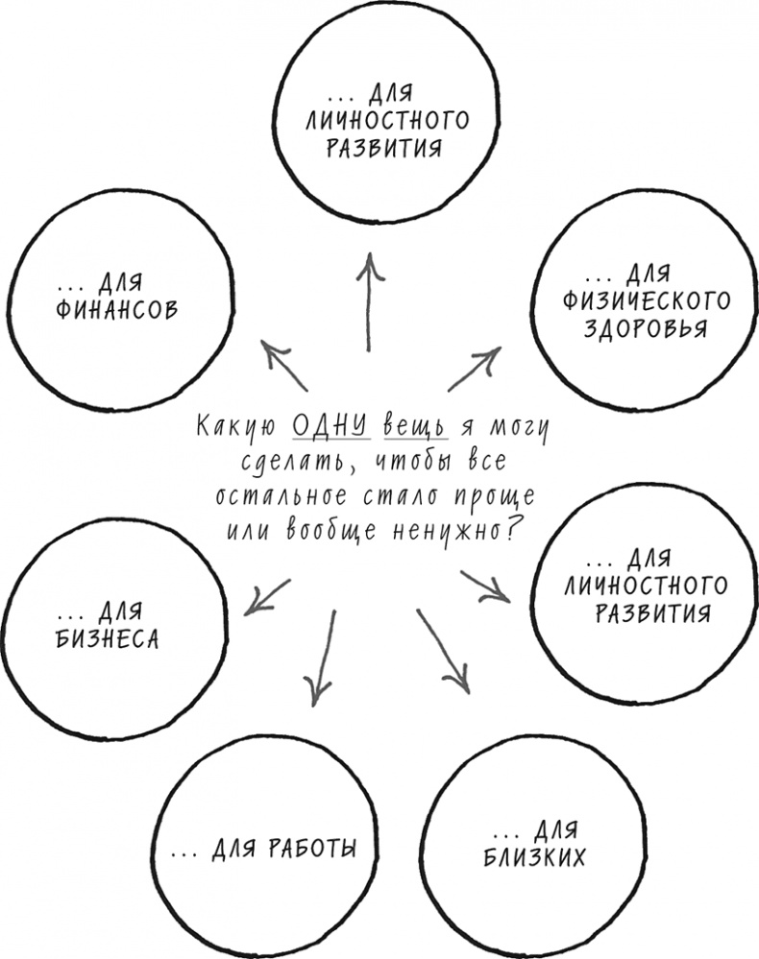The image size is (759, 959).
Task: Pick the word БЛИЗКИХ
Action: click(x=534, y=856)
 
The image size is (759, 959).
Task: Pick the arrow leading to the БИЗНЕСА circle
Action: click(x=268, y=596)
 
